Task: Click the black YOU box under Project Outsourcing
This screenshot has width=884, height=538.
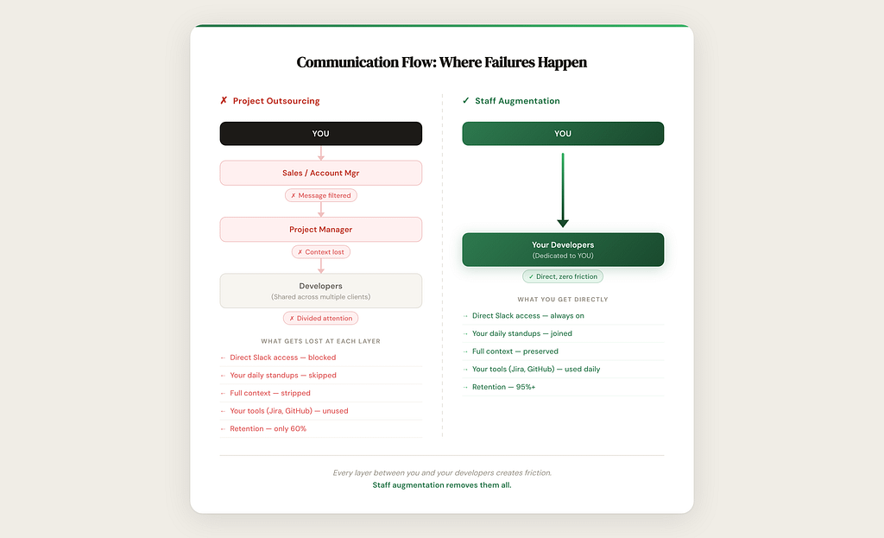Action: (x=320, y=134)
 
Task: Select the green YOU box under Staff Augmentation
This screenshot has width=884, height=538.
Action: (x=563, y=134)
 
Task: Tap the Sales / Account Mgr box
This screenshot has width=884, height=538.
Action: (x=320, y=173)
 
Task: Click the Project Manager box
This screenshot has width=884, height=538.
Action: (x=320, y=230)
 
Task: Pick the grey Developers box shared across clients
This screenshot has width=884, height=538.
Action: (x=320, y=290)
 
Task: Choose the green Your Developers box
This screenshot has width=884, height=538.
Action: (x=563, y=250)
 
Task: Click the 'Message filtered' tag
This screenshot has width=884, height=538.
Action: (x=320, y=196)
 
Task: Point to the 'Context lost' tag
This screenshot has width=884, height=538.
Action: (x=320, y=252)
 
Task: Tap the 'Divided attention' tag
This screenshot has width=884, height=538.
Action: (x=320, y=318)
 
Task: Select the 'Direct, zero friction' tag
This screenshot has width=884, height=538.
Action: (x=563, y=276)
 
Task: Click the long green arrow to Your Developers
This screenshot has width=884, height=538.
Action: (x=563, y=190)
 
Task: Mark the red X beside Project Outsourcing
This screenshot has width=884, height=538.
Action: (x=224, y=101)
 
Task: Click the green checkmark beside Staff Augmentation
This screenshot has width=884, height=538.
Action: (x=466, y=101)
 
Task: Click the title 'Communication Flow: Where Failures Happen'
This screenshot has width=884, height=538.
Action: (x=442, y=62)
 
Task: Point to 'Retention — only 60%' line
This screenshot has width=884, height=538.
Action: (x=268, y=429)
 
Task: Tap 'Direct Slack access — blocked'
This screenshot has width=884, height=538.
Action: (x=282, y=358)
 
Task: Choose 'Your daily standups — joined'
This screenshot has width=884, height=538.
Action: (x=521, y=333)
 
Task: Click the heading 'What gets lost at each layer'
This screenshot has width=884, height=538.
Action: (x=320, y=341)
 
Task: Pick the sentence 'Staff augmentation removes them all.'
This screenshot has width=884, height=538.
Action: (x=442, y=485)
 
